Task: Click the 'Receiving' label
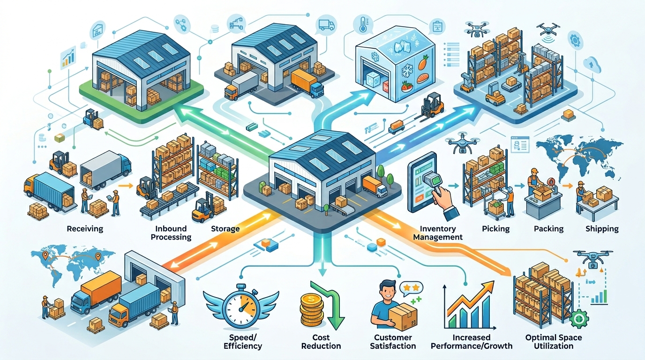tap(85, 229)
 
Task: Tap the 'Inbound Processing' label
tap(171, 233)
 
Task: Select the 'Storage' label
tap(225, 229)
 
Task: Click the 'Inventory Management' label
tap(438, 233)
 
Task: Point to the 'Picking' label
tap(496, 229)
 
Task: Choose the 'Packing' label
tap(548, 229)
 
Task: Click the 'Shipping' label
tap(602, 229)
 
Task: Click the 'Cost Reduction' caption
tap(321, 342)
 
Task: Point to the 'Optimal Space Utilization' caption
tap(554, 342)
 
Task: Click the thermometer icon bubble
tap(362, 24)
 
